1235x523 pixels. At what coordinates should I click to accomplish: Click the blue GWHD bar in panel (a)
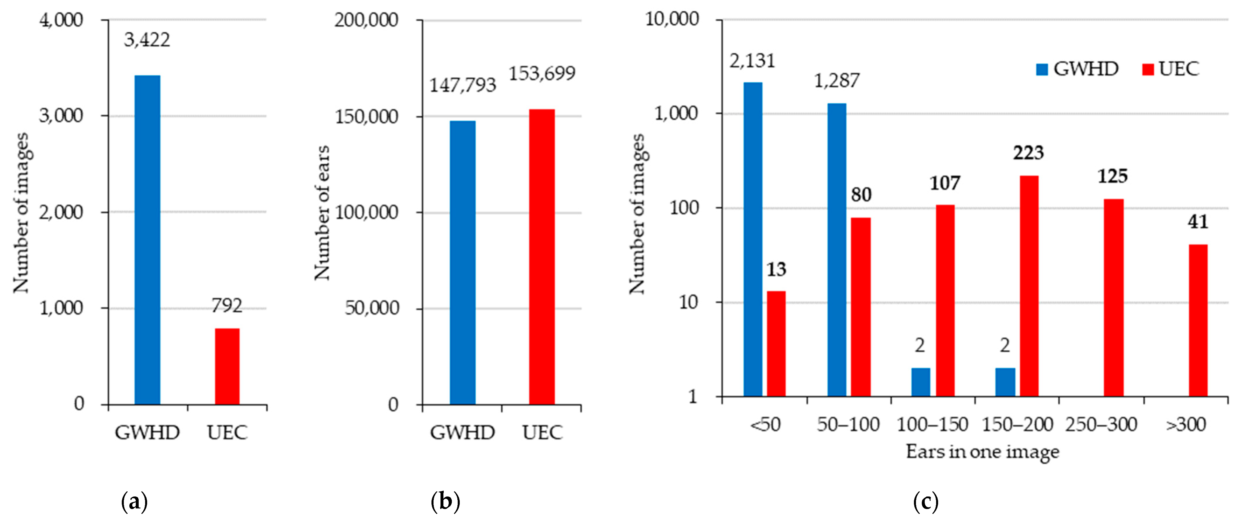point(147,240)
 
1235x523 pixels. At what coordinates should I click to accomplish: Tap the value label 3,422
point(147,40)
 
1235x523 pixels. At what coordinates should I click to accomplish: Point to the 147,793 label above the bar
point(462,85)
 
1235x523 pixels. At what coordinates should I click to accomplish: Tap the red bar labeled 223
point(1029,286)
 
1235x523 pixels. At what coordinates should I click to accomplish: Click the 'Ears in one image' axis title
point(982,452)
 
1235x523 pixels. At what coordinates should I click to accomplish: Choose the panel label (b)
point(445,502)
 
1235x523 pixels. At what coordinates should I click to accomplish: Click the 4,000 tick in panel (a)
point(61,20)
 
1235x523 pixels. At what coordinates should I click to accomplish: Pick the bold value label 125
point(1113,176)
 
